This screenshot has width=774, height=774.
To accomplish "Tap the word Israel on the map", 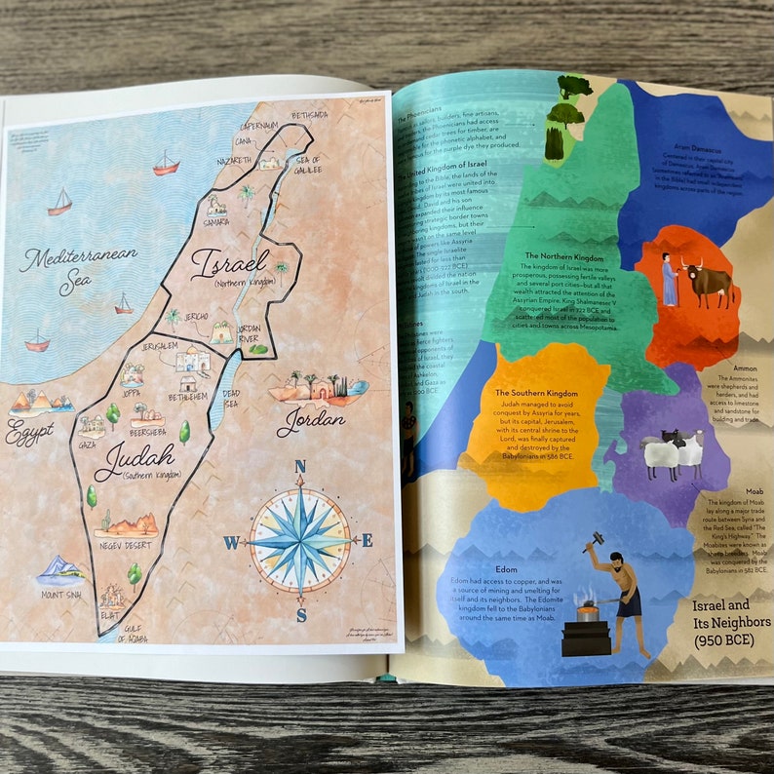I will (229, 261).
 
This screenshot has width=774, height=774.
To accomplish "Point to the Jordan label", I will (311, 420).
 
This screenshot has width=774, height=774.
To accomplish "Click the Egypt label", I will (29, 434).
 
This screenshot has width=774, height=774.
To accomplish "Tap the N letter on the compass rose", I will (300, 466).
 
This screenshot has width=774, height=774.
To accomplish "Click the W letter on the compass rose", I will (231, 543).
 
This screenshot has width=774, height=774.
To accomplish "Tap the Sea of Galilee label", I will (307, 165).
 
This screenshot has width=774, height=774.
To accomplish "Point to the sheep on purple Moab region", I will (673, 454).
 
